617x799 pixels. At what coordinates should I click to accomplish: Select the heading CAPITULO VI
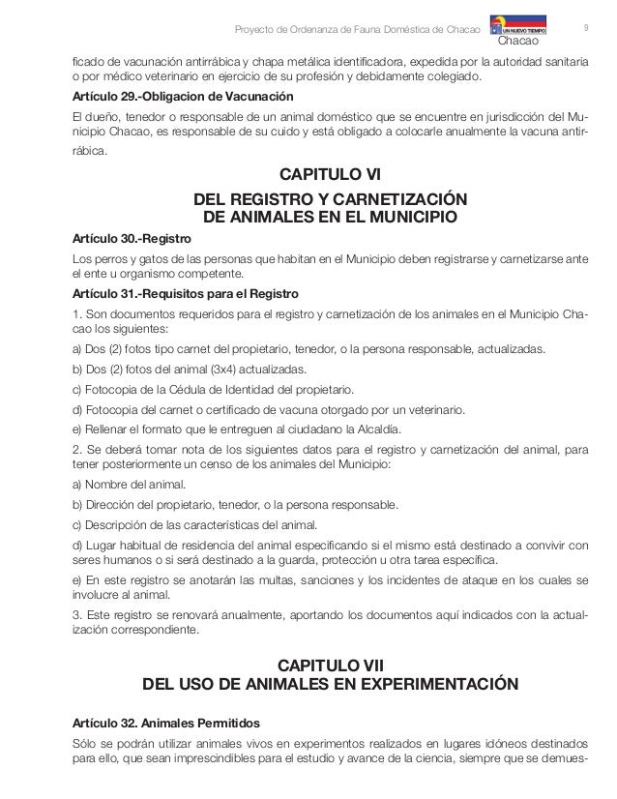click(330, 175)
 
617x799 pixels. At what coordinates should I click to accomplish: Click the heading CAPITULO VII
click(330, 666)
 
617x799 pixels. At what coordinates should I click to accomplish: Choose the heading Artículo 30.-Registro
click(132, 238)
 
